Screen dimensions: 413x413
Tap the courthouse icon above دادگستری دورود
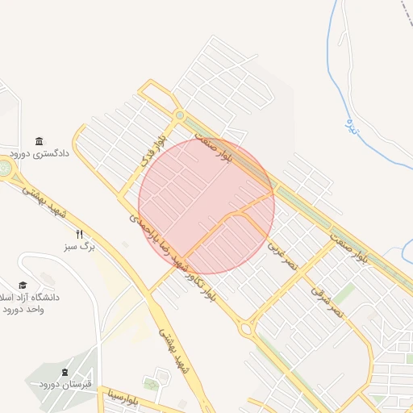coord(39,141)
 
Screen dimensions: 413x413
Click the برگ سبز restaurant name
coord(80,247)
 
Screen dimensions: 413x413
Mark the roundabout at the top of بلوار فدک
coord(179,115)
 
